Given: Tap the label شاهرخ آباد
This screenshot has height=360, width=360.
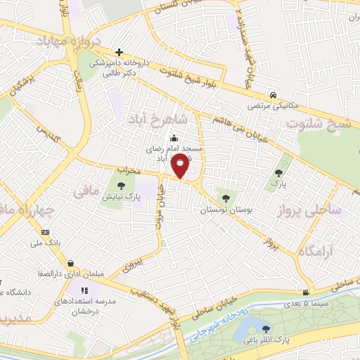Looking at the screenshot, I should pos(153,120).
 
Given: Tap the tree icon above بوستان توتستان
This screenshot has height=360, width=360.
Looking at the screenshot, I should pos(225,198).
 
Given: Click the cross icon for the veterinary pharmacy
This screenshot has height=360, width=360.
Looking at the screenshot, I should pos(119,52).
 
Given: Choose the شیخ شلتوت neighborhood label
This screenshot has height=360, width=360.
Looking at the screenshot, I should pos(321,124).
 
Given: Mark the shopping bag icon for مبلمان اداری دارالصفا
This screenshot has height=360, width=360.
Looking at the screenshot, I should pos(71,264).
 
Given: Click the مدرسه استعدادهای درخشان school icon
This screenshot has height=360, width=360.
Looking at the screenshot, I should pos(84,290).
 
